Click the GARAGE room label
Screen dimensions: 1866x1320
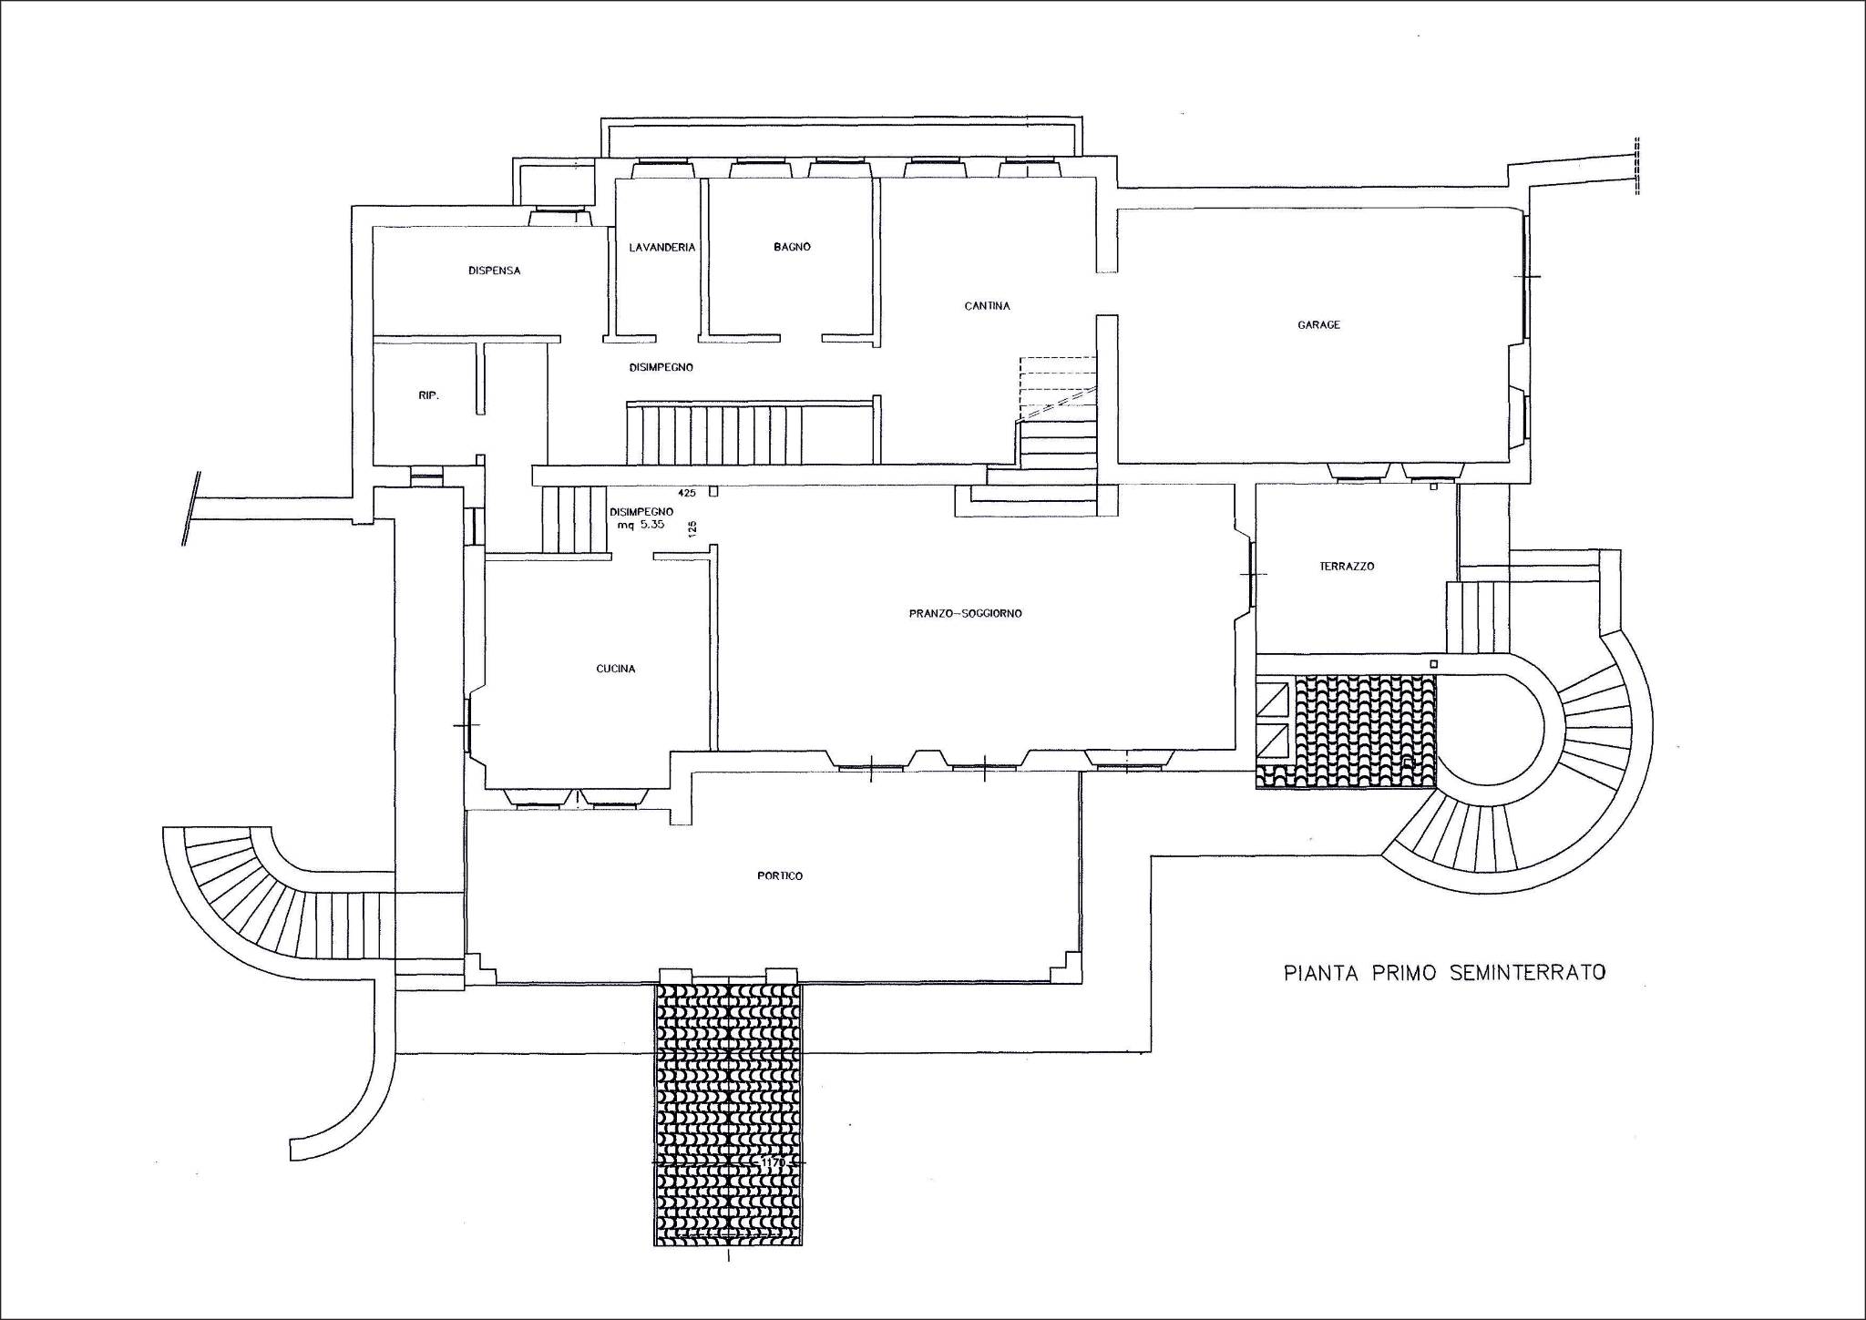(x=1318, y=325)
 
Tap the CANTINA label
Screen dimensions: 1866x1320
(x=987, y=306)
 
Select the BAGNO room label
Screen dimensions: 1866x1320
(x=792, y=247)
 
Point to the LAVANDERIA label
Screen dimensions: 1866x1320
(x=662, y=247)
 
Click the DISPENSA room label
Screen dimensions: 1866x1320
(x=494, y=271)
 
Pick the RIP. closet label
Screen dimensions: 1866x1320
(x=428, y=395)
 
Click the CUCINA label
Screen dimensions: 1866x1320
(x=616, y=669)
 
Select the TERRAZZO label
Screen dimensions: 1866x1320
(x=1347, y=566)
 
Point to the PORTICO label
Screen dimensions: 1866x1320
(x=780, y=875)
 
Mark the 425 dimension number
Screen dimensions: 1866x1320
(x=687, y=493)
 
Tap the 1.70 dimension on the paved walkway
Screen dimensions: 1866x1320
(x=770, y=1163)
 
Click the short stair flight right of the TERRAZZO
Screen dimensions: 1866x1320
(x=1471, y=618)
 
